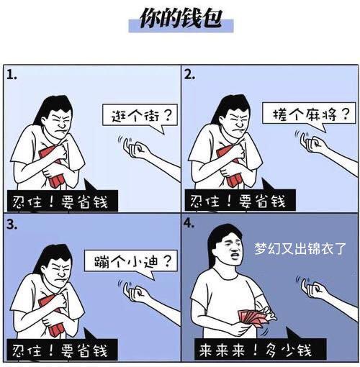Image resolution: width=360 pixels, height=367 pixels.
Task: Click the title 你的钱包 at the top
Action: (181, 18)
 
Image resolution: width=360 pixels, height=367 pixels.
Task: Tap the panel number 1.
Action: (12, 76)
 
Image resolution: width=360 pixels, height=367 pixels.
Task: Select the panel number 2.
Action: (189, 75)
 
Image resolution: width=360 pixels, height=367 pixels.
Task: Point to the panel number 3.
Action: (12, 225)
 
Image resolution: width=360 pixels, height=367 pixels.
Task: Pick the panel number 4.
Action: (189, 223)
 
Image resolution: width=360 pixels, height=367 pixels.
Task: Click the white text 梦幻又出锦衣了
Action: (300, 248)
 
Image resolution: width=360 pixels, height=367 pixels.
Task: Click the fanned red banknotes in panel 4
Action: (253, 318)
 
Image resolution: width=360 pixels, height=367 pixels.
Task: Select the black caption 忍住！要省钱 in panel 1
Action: (63, 201)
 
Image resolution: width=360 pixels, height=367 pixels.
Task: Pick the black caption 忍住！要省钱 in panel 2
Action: (240, 200)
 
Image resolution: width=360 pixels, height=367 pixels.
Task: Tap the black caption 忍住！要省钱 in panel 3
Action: (62, 350)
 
